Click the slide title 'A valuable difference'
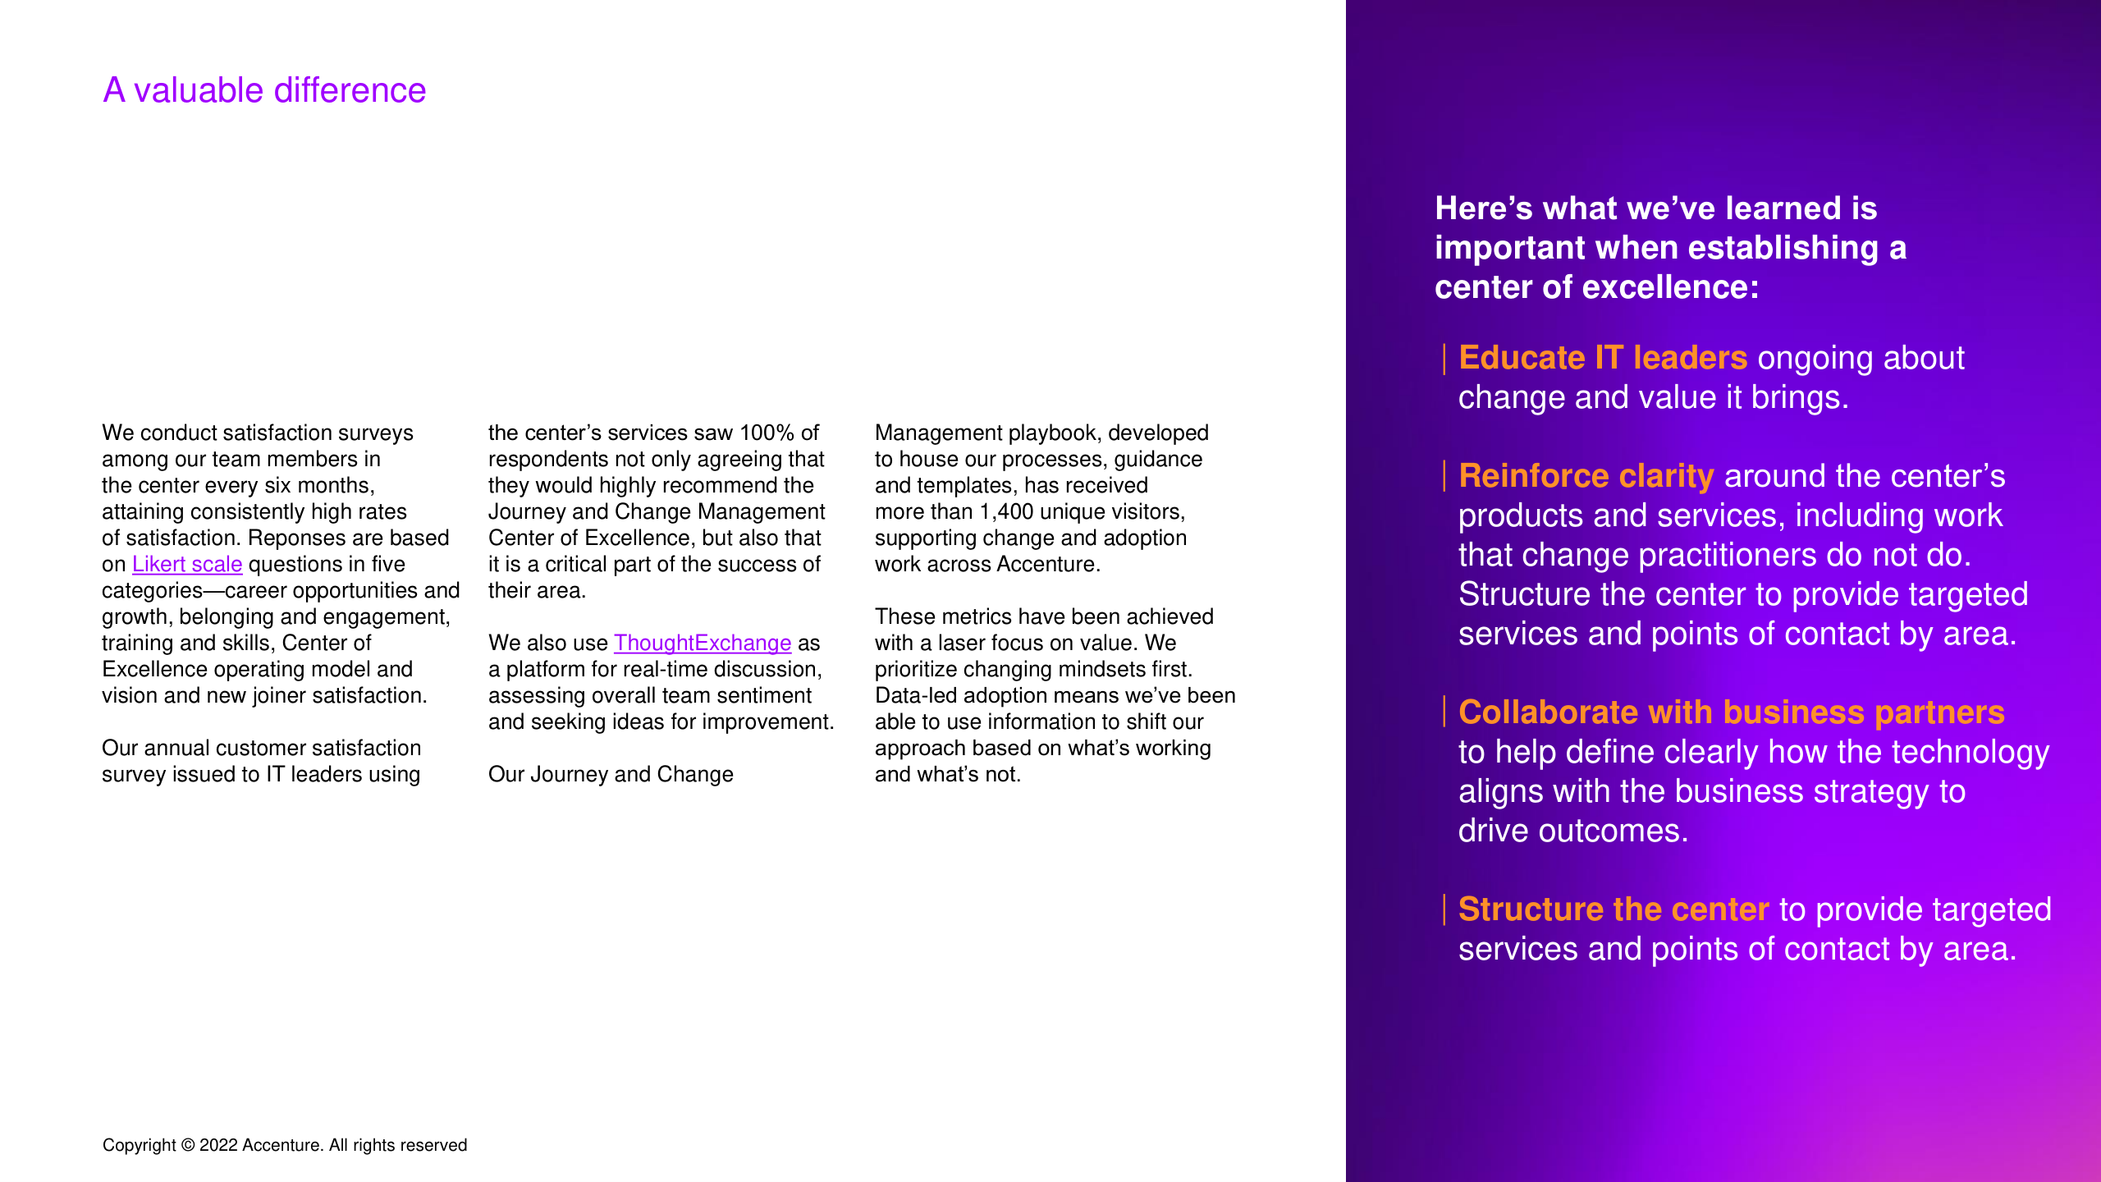click(x=264, y=90)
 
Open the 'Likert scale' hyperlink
click(x=187, y=565)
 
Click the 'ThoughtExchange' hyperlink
click(x=702, y=644)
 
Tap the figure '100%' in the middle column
click(x=767, y=433)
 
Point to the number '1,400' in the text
click(x=1006, y=512)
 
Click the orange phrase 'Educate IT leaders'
click(x=1602, y=358)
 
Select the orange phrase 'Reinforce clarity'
click(x=1586, y=476)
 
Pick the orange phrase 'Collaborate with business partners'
click(x=1731, y=712)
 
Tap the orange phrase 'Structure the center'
click(x=1613, y=909)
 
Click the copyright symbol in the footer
click(x=188, y=1146)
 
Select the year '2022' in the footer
click(x=218, y=1146)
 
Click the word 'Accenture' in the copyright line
click(x=282, y=1146)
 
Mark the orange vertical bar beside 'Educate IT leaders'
click(x=1444, y=359)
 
